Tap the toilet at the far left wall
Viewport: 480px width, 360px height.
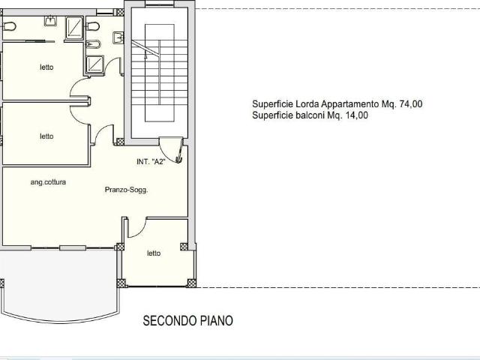point(10,26)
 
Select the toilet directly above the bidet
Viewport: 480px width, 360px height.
point(92,26)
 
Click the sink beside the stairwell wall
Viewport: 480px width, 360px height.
point(118,37)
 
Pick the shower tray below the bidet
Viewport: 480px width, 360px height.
point(95,64)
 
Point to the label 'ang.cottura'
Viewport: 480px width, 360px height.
point(48,182)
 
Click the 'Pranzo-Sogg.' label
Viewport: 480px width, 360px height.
point(126,190)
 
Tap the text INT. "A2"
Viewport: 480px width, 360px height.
point(151,162)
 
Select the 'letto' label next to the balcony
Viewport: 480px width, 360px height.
point(154,253)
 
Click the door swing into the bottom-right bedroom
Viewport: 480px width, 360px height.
point(136,227)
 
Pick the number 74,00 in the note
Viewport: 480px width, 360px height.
point(411,104)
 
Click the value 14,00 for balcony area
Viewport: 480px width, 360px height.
point(357,115)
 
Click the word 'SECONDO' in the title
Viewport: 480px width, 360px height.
point(170,321)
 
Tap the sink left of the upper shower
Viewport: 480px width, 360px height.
point(50,21)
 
